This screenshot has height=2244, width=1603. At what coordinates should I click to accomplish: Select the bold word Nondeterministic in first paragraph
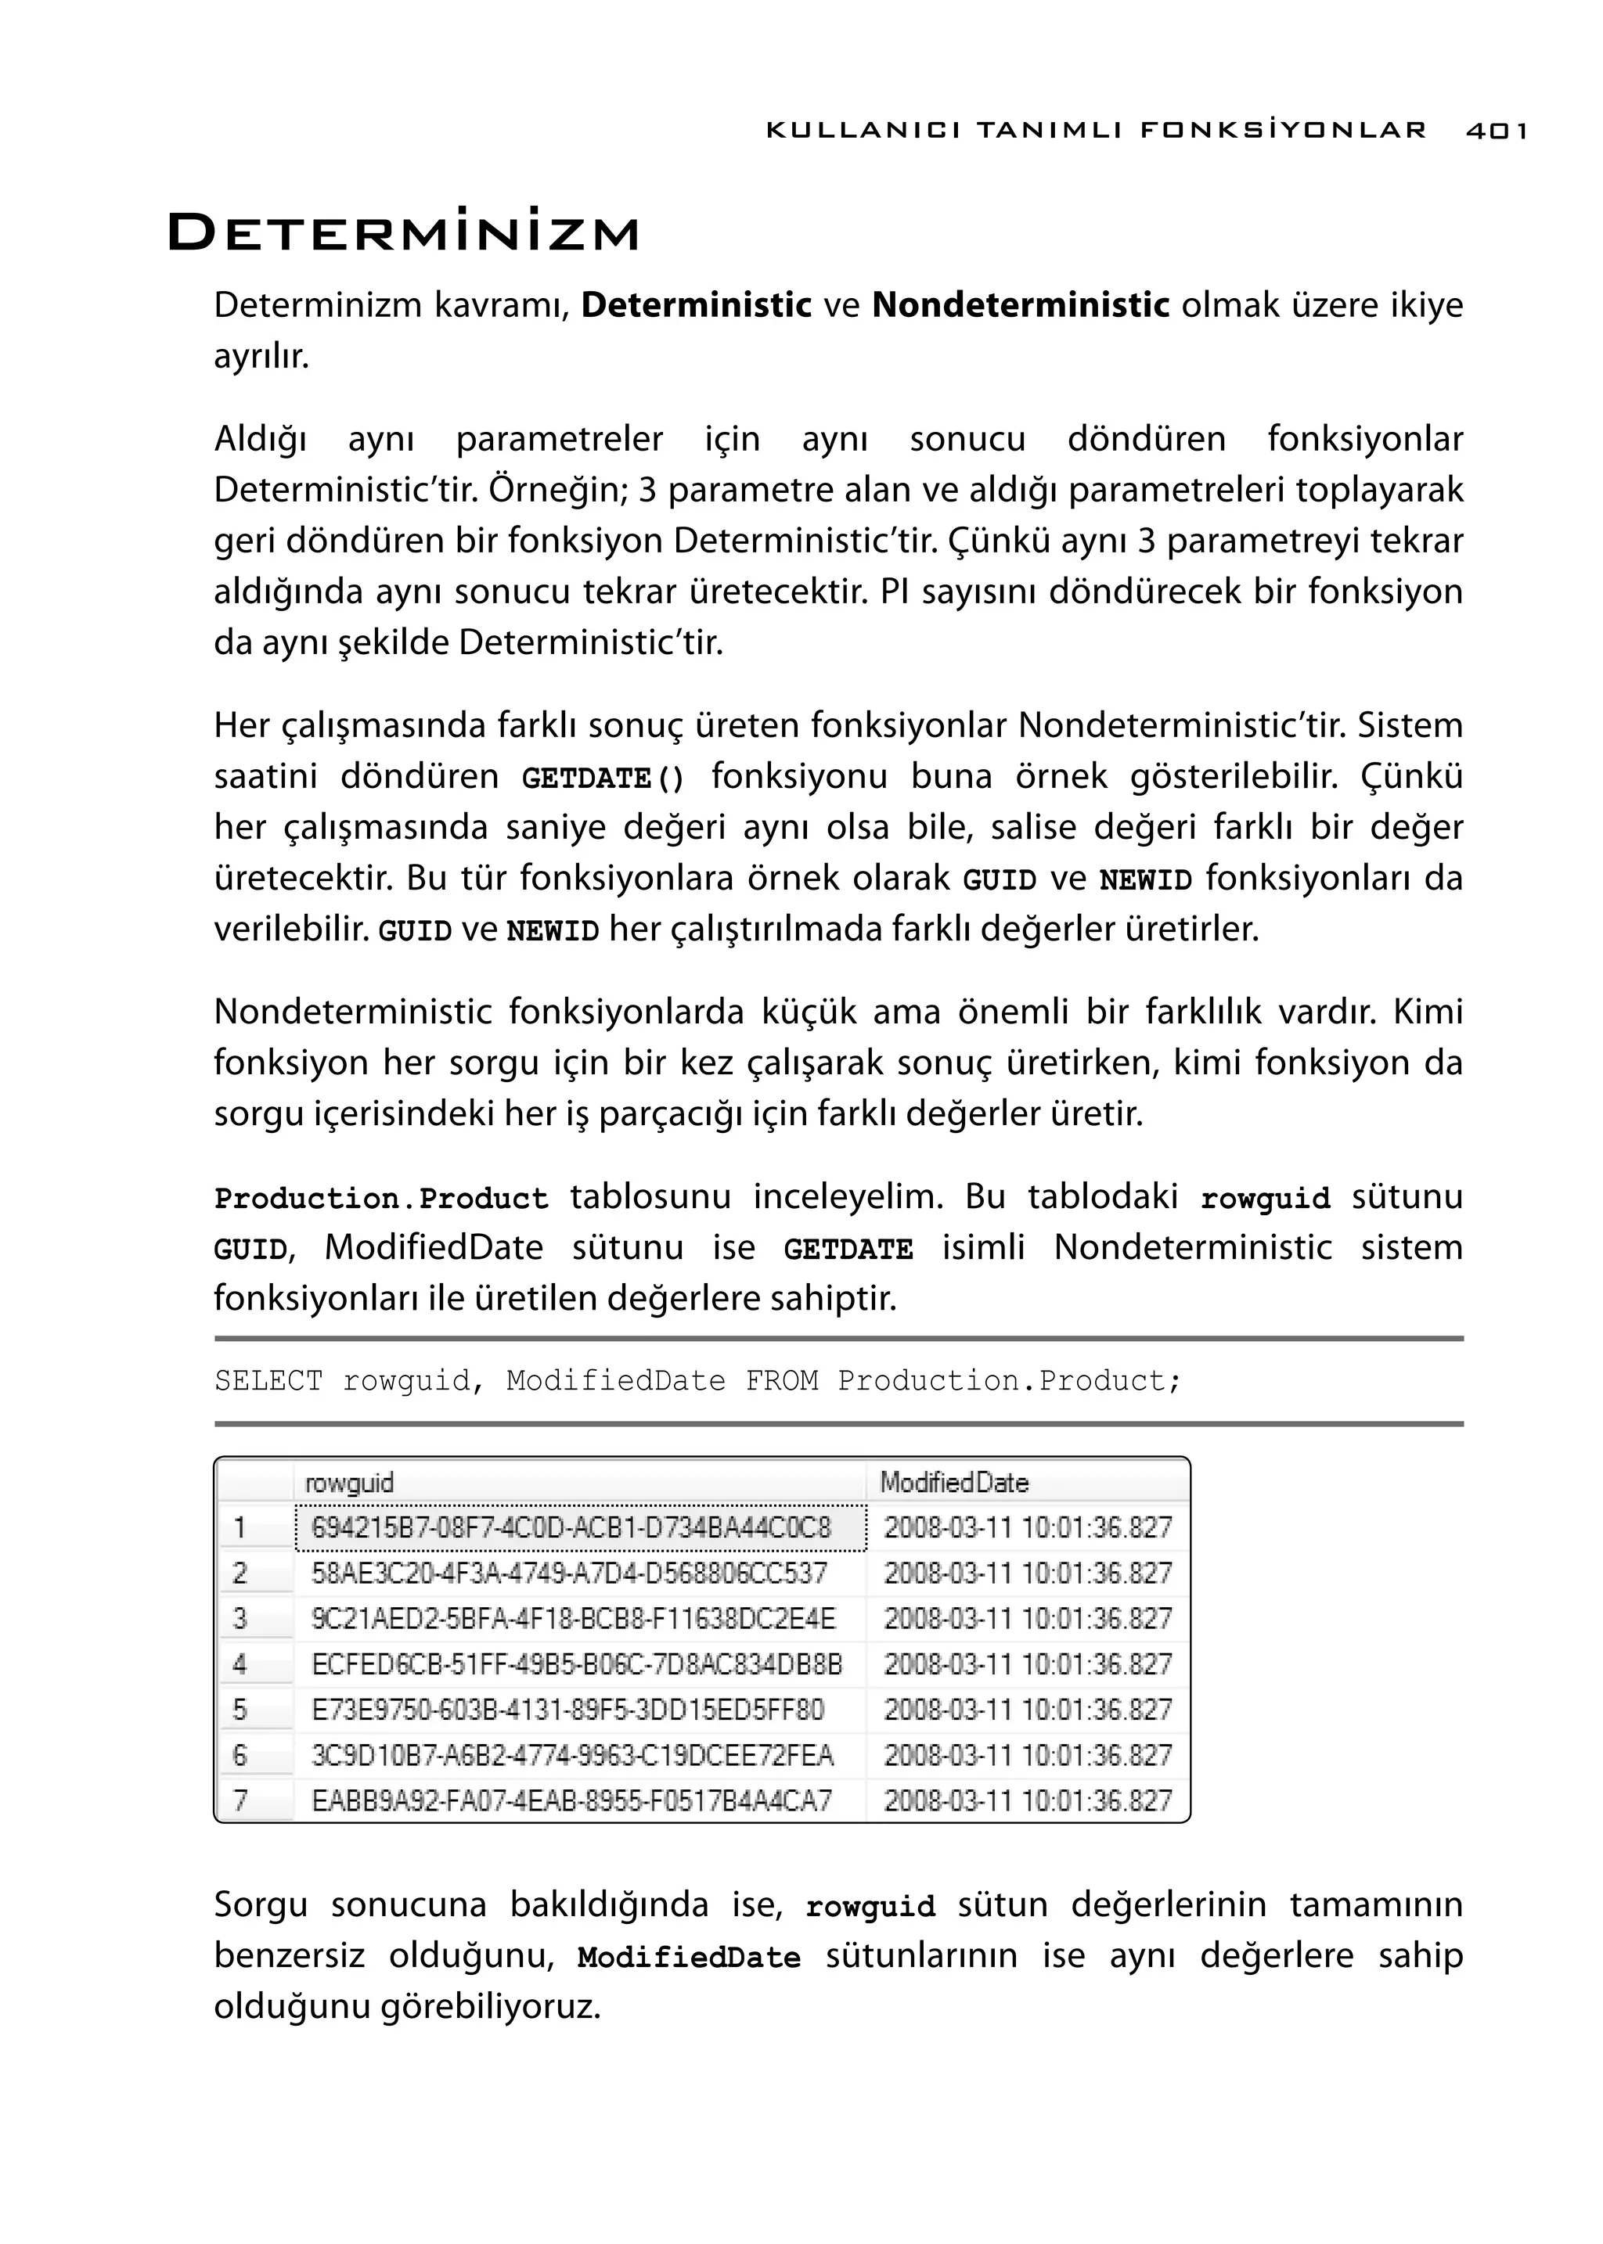1021,306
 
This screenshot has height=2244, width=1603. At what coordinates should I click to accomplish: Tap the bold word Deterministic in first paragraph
696,306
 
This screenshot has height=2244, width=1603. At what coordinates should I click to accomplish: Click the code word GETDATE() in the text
602,779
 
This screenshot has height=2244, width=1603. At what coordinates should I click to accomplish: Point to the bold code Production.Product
381,1198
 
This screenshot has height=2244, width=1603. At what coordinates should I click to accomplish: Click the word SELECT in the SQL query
268,1380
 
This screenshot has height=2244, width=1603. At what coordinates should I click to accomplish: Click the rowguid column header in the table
349,1482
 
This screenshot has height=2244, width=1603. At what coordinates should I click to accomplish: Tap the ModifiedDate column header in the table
953,1482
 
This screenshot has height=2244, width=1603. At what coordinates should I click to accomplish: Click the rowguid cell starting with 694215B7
571,1527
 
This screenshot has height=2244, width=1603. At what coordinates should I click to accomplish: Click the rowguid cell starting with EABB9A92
571,1801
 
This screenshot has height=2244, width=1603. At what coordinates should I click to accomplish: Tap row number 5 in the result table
240,1710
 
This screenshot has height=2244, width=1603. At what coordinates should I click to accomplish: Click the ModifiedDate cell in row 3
1027,1618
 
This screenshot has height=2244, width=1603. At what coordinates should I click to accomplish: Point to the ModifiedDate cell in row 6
1027,1756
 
